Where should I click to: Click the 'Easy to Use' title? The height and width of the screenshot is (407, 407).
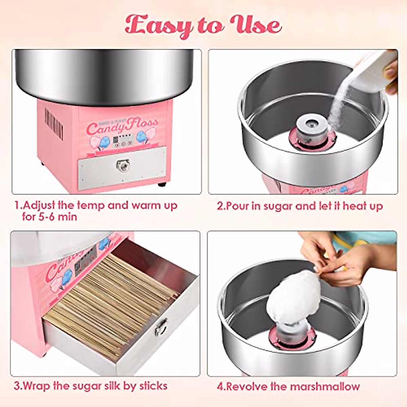pos(203,26)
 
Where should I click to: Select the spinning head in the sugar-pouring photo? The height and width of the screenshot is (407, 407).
pos(312,131)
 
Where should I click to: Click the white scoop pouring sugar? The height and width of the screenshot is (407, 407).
pos(373,73)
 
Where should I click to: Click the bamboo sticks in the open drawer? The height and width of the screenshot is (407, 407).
pos(112,298)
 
